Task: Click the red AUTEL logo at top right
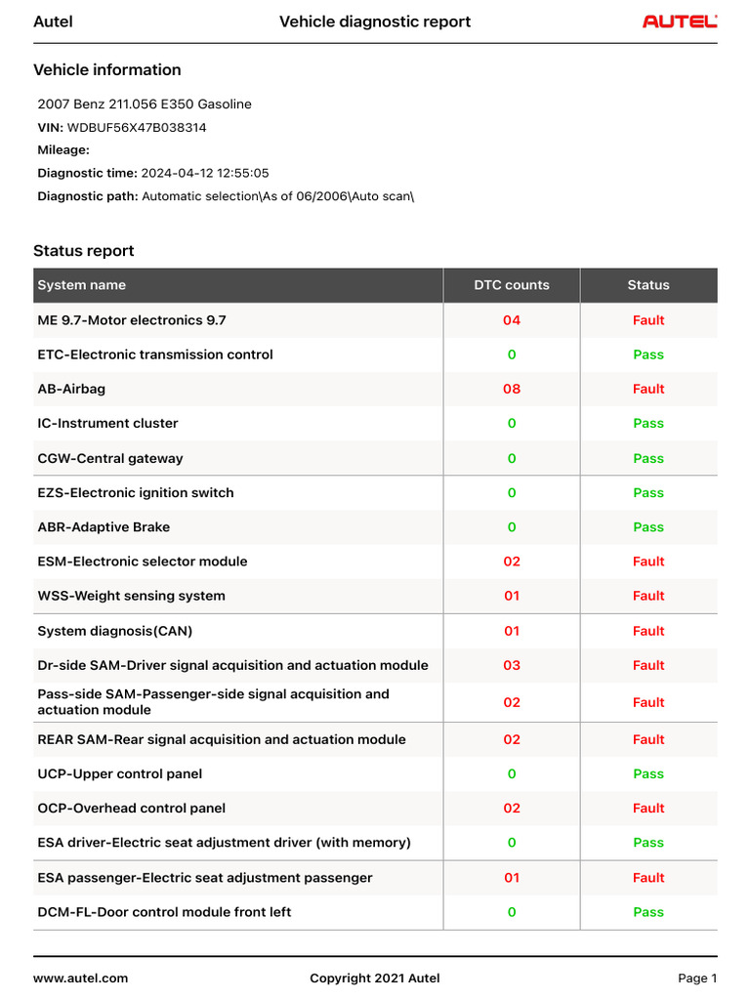pyautogui.click(x=680, y=21)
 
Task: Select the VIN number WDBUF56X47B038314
pyautogui.click(x=137, y=127)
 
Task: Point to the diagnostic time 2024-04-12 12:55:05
pyautogui.click(x=205, y=173)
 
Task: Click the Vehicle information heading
pyautogui.click(x=107, y=70)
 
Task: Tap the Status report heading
pyautogui.click(x=84, y=251)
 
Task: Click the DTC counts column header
pyautogui.click(x=512, y=285)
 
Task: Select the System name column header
pyautogui.click(x=82, y=285)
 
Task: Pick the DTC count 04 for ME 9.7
pyautogui.click(x=512, y=320)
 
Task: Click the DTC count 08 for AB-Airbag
pyautogui.click(x=512, y=389)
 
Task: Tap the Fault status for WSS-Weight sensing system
pyautogui.click(x=648, y=596)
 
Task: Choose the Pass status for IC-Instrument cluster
pyautogui.click(x=648, y=424)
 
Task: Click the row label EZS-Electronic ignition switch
pyautogui.click(x=136, y=493)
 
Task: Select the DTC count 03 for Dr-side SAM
pyautogui.click(x=512, y=665)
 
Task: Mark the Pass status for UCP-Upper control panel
pyautogui.click(x=648, y=774)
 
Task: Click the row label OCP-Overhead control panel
pyautogui.click(x=132, y=809)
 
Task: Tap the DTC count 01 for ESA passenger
pyautogui.click(x=512, y=878)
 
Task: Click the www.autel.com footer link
pyautogui.click(x=81, y=979)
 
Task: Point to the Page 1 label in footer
pyautogui.click(x=697, y=979)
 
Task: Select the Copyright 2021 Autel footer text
pyautogui.click(x=375, y=979)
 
